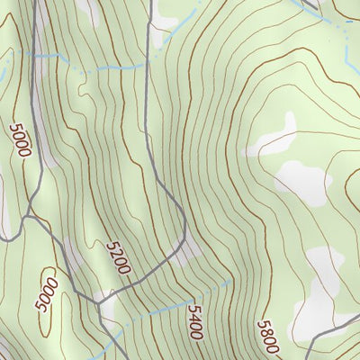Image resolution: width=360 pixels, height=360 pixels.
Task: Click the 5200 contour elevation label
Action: point(118,257)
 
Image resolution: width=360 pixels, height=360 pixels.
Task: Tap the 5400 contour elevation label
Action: point(195,321)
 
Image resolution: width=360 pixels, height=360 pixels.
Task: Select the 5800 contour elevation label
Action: point(267,337)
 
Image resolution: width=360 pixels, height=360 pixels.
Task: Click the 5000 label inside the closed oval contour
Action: point(47,294)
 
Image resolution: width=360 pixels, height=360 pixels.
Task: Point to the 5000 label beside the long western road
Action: point(19,140)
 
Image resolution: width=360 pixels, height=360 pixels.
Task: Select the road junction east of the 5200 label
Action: point(184,243)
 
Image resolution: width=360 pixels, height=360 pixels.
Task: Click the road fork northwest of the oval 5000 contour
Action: point(30,215)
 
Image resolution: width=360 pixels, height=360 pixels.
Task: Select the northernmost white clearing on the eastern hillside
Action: point(274,135)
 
